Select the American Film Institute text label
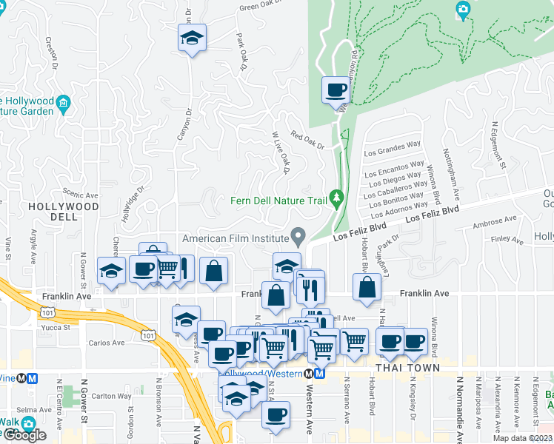coord(235,238)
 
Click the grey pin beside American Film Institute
coord(298,237)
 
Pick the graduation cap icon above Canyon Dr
coord(192,38)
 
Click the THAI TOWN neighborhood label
coord(407,368)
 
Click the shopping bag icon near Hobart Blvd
coord(367,288)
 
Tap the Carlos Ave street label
coord(107,343)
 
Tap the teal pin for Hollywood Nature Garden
coord(64,102)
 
